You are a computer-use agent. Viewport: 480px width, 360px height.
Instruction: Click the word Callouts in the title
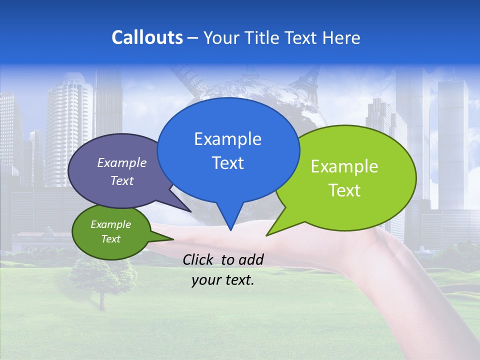coord(147,37)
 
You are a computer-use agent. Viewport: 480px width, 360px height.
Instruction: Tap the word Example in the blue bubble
coord(227,139)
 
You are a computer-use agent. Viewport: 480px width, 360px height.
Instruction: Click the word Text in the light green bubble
coord(344,190)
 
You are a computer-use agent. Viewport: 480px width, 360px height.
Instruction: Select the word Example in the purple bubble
coord(121,162)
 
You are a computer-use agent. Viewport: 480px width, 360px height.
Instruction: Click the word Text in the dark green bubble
coord(110,239)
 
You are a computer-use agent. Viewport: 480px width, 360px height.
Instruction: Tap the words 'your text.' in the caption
coord(223,280)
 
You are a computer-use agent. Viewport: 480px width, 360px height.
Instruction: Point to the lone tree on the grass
coord(103,280)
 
